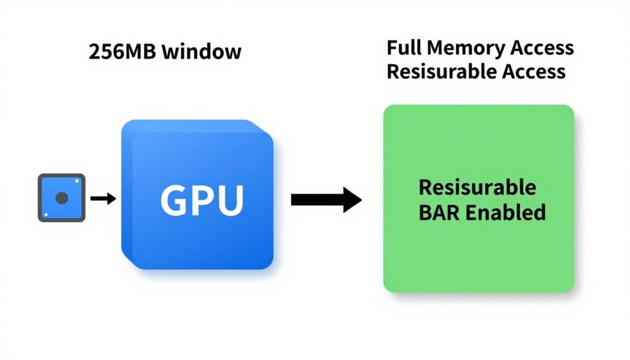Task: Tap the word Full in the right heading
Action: pyautogui.click(x=405, y=48)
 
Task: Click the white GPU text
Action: pyautogui.click(x=202, y=200)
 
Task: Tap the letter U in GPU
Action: pyautogui.click(x=229, y=200)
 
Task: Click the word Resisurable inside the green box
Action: pyautogui.click(x=477, y=187)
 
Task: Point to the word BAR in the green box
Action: pyautogui.click(x=439, y=212)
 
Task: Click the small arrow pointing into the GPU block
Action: pyautogui.click(x=103, y=198)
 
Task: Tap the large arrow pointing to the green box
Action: pyautogui.click(x=325, y=199)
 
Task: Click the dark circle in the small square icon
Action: pyautogui.click(x=62, y=198)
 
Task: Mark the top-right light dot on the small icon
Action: pyautogui.click(x=77, y=181)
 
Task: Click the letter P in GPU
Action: pyautogui.click(x=202, y=200)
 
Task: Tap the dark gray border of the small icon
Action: pyautogui.click(x=40, y=198)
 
